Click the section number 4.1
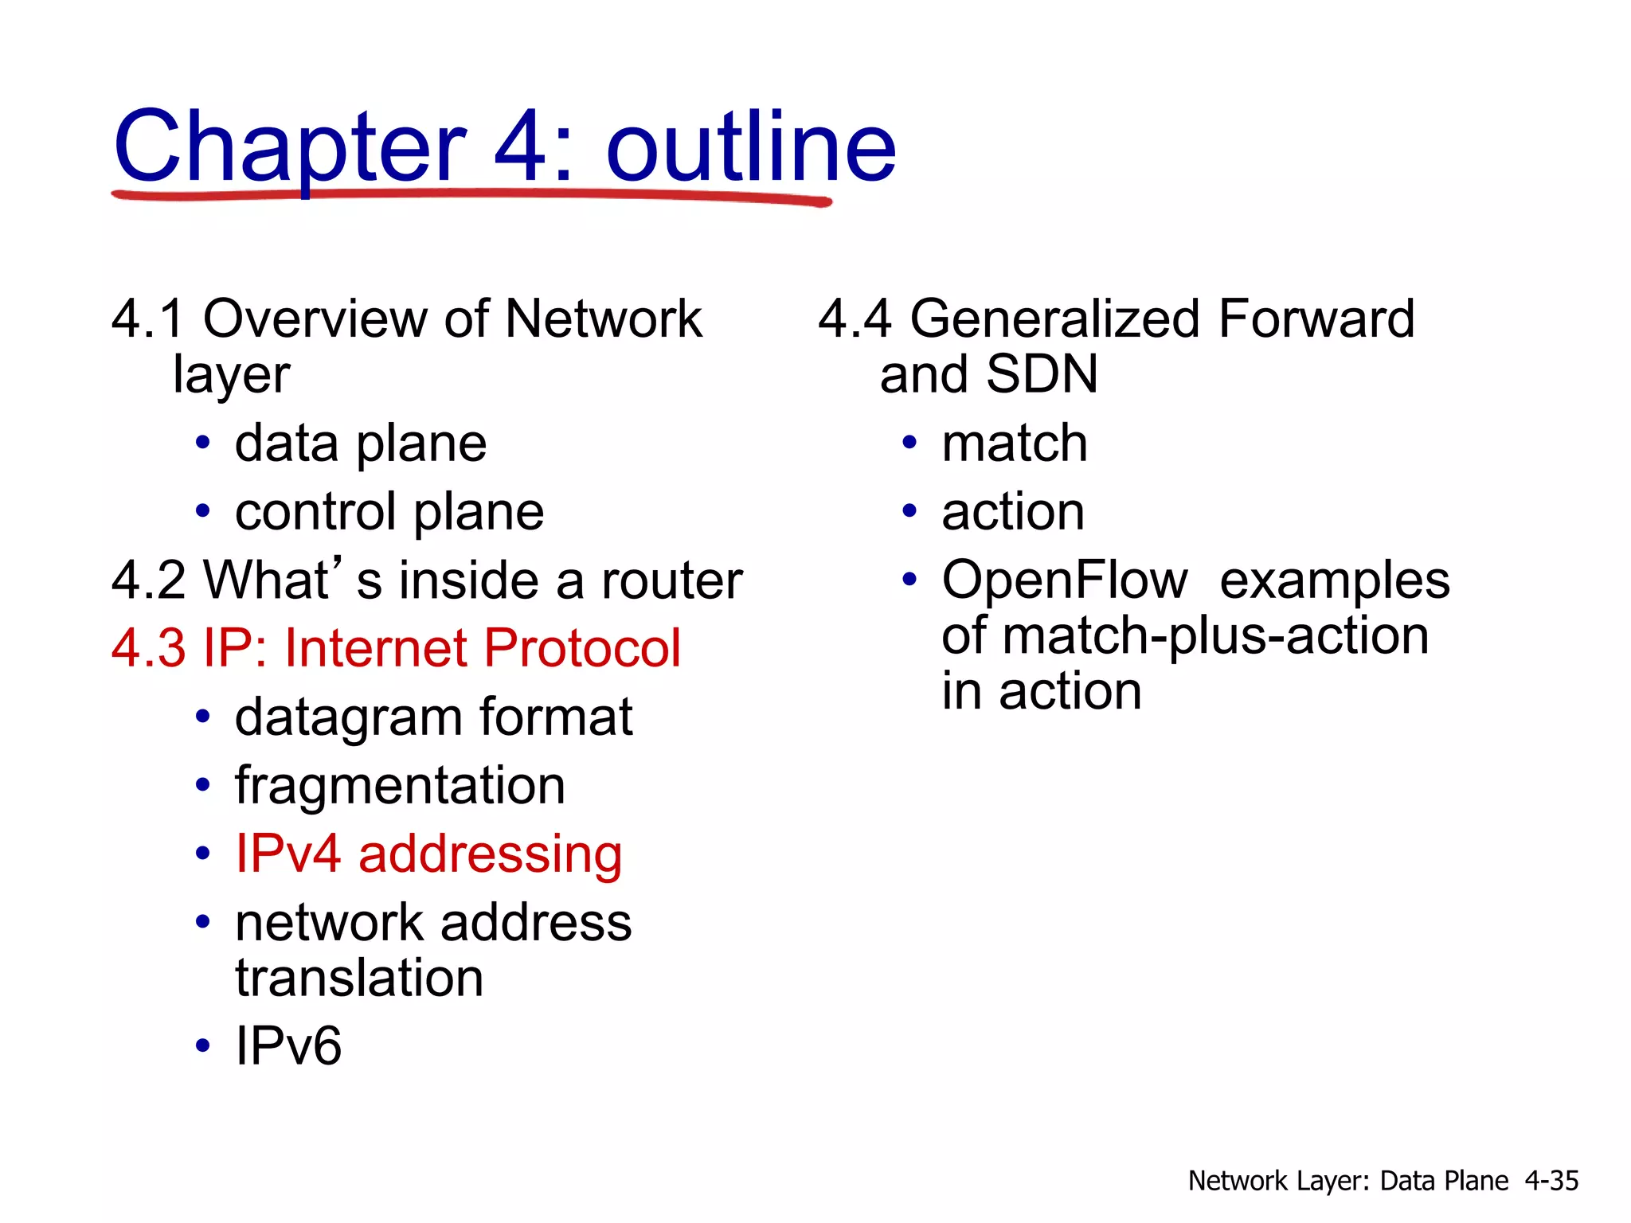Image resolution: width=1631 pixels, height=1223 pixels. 148,319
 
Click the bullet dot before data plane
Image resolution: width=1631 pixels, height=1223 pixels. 203,443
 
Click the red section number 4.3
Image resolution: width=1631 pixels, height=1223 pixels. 148,648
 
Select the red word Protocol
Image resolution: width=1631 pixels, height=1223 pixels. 581,648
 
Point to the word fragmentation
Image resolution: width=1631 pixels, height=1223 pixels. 400,786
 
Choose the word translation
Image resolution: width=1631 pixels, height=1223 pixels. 359,978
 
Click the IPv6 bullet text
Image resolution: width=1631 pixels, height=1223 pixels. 288,1046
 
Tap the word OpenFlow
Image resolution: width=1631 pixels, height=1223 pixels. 1065,580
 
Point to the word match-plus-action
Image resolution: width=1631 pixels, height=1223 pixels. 1215,637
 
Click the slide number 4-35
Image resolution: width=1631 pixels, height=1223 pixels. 1551,1181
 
